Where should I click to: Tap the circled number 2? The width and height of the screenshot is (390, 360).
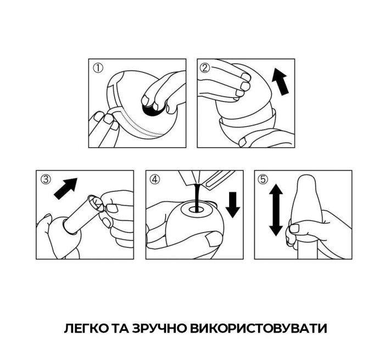click(205, 68)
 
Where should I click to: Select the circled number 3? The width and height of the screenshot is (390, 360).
click(46, 179)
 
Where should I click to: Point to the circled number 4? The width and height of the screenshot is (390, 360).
click(155, 179)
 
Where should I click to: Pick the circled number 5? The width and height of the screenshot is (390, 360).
click(264, 179)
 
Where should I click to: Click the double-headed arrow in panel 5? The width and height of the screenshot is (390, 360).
click(276, 210)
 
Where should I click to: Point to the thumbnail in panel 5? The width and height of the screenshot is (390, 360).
click(294, 228)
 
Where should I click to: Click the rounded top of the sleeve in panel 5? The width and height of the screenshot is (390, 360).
click(305, 184)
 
